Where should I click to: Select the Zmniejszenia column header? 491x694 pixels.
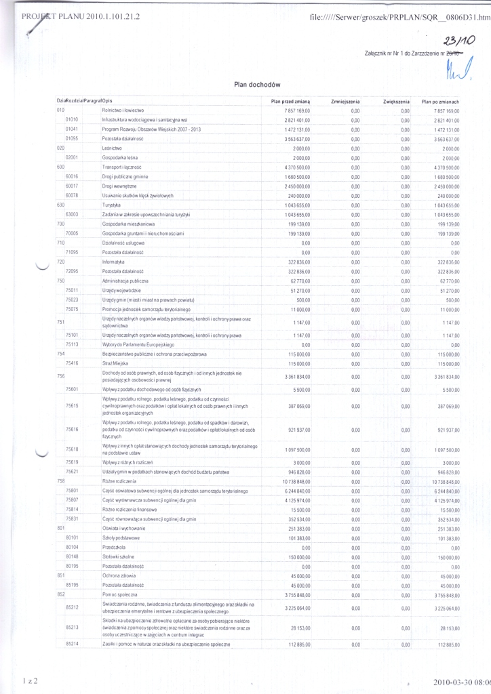[345, 101]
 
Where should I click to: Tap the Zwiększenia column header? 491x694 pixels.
[393, 101]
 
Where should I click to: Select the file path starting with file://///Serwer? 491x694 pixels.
[399, 17]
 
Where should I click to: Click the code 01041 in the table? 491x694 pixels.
[72, 129]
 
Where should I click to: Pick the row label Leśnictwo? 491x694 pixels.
[112, 148]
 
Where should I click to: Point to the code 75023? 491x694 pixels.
[72, 299]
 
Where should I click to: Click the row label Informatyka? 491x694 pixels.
[113, 262]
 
